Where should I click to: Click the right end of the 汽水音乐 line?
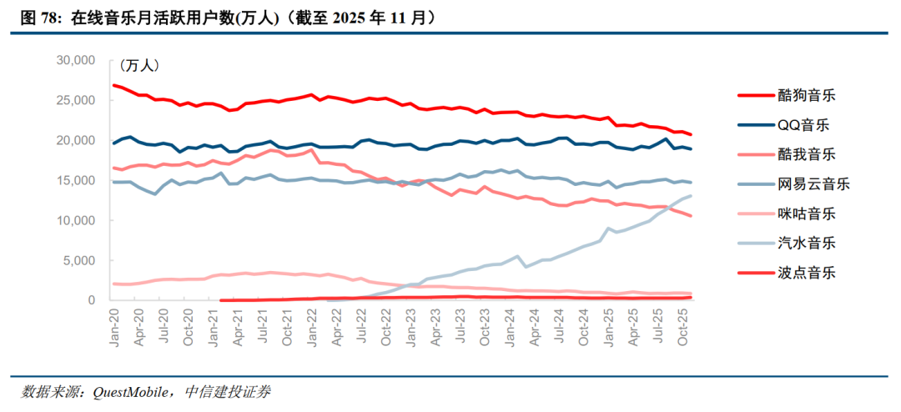pyautogui.click(x=691, y=196)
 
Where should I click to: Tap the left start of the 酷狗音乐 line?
pyautogui.click(x=114, y=85)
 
